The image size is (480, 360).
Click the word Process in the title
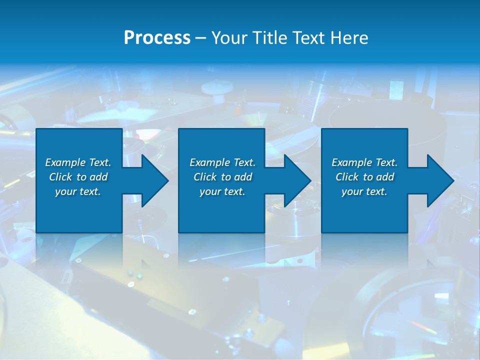(x=157, y=38)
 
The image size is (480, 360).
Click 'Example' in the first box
(x=65, y=162)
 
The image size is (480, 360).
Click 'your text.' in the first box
(x=78, y=191)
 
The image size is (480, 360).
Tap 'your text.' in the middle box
(x=222, y=191)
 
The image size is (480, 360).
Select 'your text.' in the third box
(x=364, y=191)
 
